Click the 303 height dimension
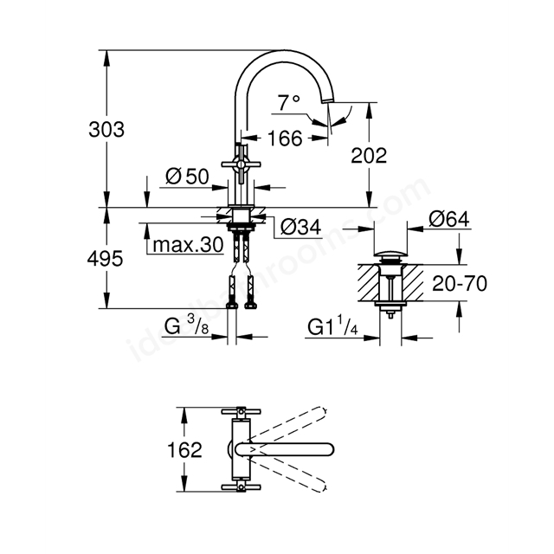(x=106, y=129)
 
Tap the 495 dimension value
(x=105, y=259)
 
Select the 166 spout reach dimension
(x=285, y=138)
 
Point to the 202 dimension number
(x=369, y=156)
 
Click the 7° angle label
(x=288, y=103)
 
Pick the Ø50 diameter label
(x=187, y=177)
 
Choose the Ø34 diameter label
(x=300, y=227)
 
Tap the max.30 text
(x=189, y=244)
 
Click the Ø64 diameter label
(x=449, y=219)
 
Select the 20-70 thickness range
(x=460, y=283)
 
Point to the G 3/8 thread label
(x=187, y=325)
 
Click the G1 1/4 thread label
(x=332, y=326)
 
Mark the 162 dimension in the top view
(x=184, y=450)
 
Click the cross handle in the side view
(x=241, y=164)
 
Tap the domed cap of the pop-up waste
(x=390, y=254)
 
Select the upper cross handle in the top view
(x=241, y=411)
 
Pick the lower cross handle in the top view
(x=241, y=487)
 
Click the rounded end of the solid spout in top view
(x=331, y=449)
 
